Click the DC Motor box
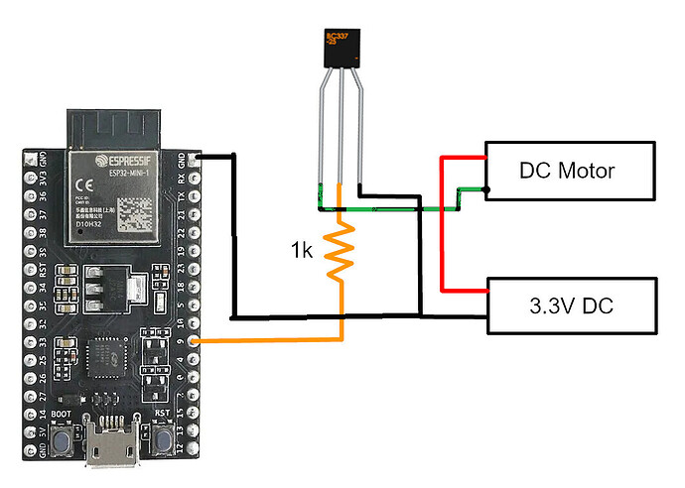pyautogui.click(x=568, y=171)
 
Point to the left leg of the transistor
pyautogui.click(x=320, y=139)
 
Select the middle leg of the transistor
pyautogui.click(x=340, y=139)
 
